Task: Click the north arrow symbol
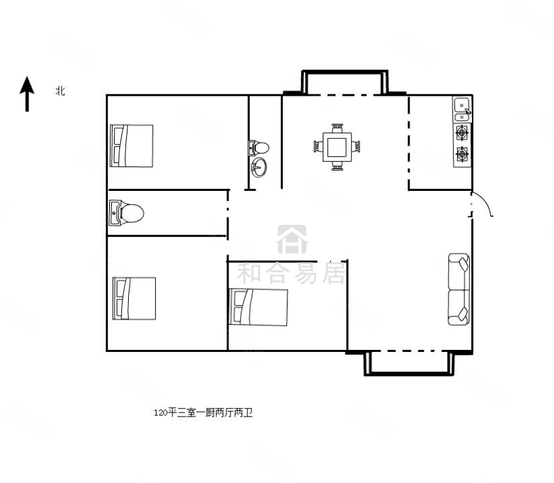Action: click(27, 94)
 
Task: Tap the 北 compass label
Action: click(60, 91)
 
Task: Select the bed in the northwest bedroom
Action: click(132, 145)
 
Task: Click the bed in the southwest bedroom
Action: click(134, 298)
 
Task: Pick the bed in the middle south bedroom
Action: click(258, 307)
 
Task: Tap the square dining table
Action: click(337, 147)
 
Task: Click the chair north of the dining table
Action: click(337, 128)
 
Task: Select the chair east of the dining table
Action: click(356, 147)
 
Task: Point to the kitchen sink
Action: click(462, 109)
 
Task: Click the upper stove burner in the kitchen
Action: click(462, 133)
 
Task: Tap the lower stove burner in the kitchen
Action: click(462, 154)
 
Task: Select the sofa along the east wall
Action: click(458, 289)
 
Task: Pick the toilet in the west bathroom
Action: click(127, 213)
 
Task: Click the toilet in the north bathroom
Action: click(258, 147)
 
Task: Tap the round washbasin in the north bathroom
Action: click(258, 167)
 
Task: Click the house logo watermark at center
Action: click(292, 239)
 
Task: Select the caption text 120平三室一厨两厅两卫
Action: click(203, 412)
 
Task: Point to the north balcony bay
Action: click(345, 82)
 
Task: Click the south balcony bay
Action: click(409, 363)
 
